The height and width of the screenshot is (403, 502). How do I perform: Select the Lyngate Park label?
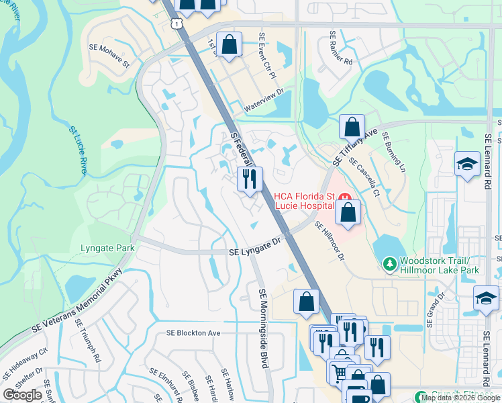(x=107, y=248)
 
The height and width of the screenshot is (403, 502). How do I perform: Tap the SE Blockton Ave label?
(x=193, y=333)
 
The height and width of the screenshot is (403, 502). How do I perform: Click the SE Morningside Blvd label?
(x=263, y=328)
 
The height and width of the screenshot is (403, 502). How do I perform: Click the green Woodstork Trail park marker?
(x=389, y=264)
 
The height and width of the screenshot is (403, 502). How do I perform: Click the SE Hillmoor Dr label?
(x=330, y=242)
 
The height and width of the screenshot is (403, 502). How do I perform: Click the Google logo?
(x=23, y=395)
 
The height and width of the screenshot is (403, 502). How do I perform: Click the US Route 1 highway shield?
(x=176, y=24)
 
